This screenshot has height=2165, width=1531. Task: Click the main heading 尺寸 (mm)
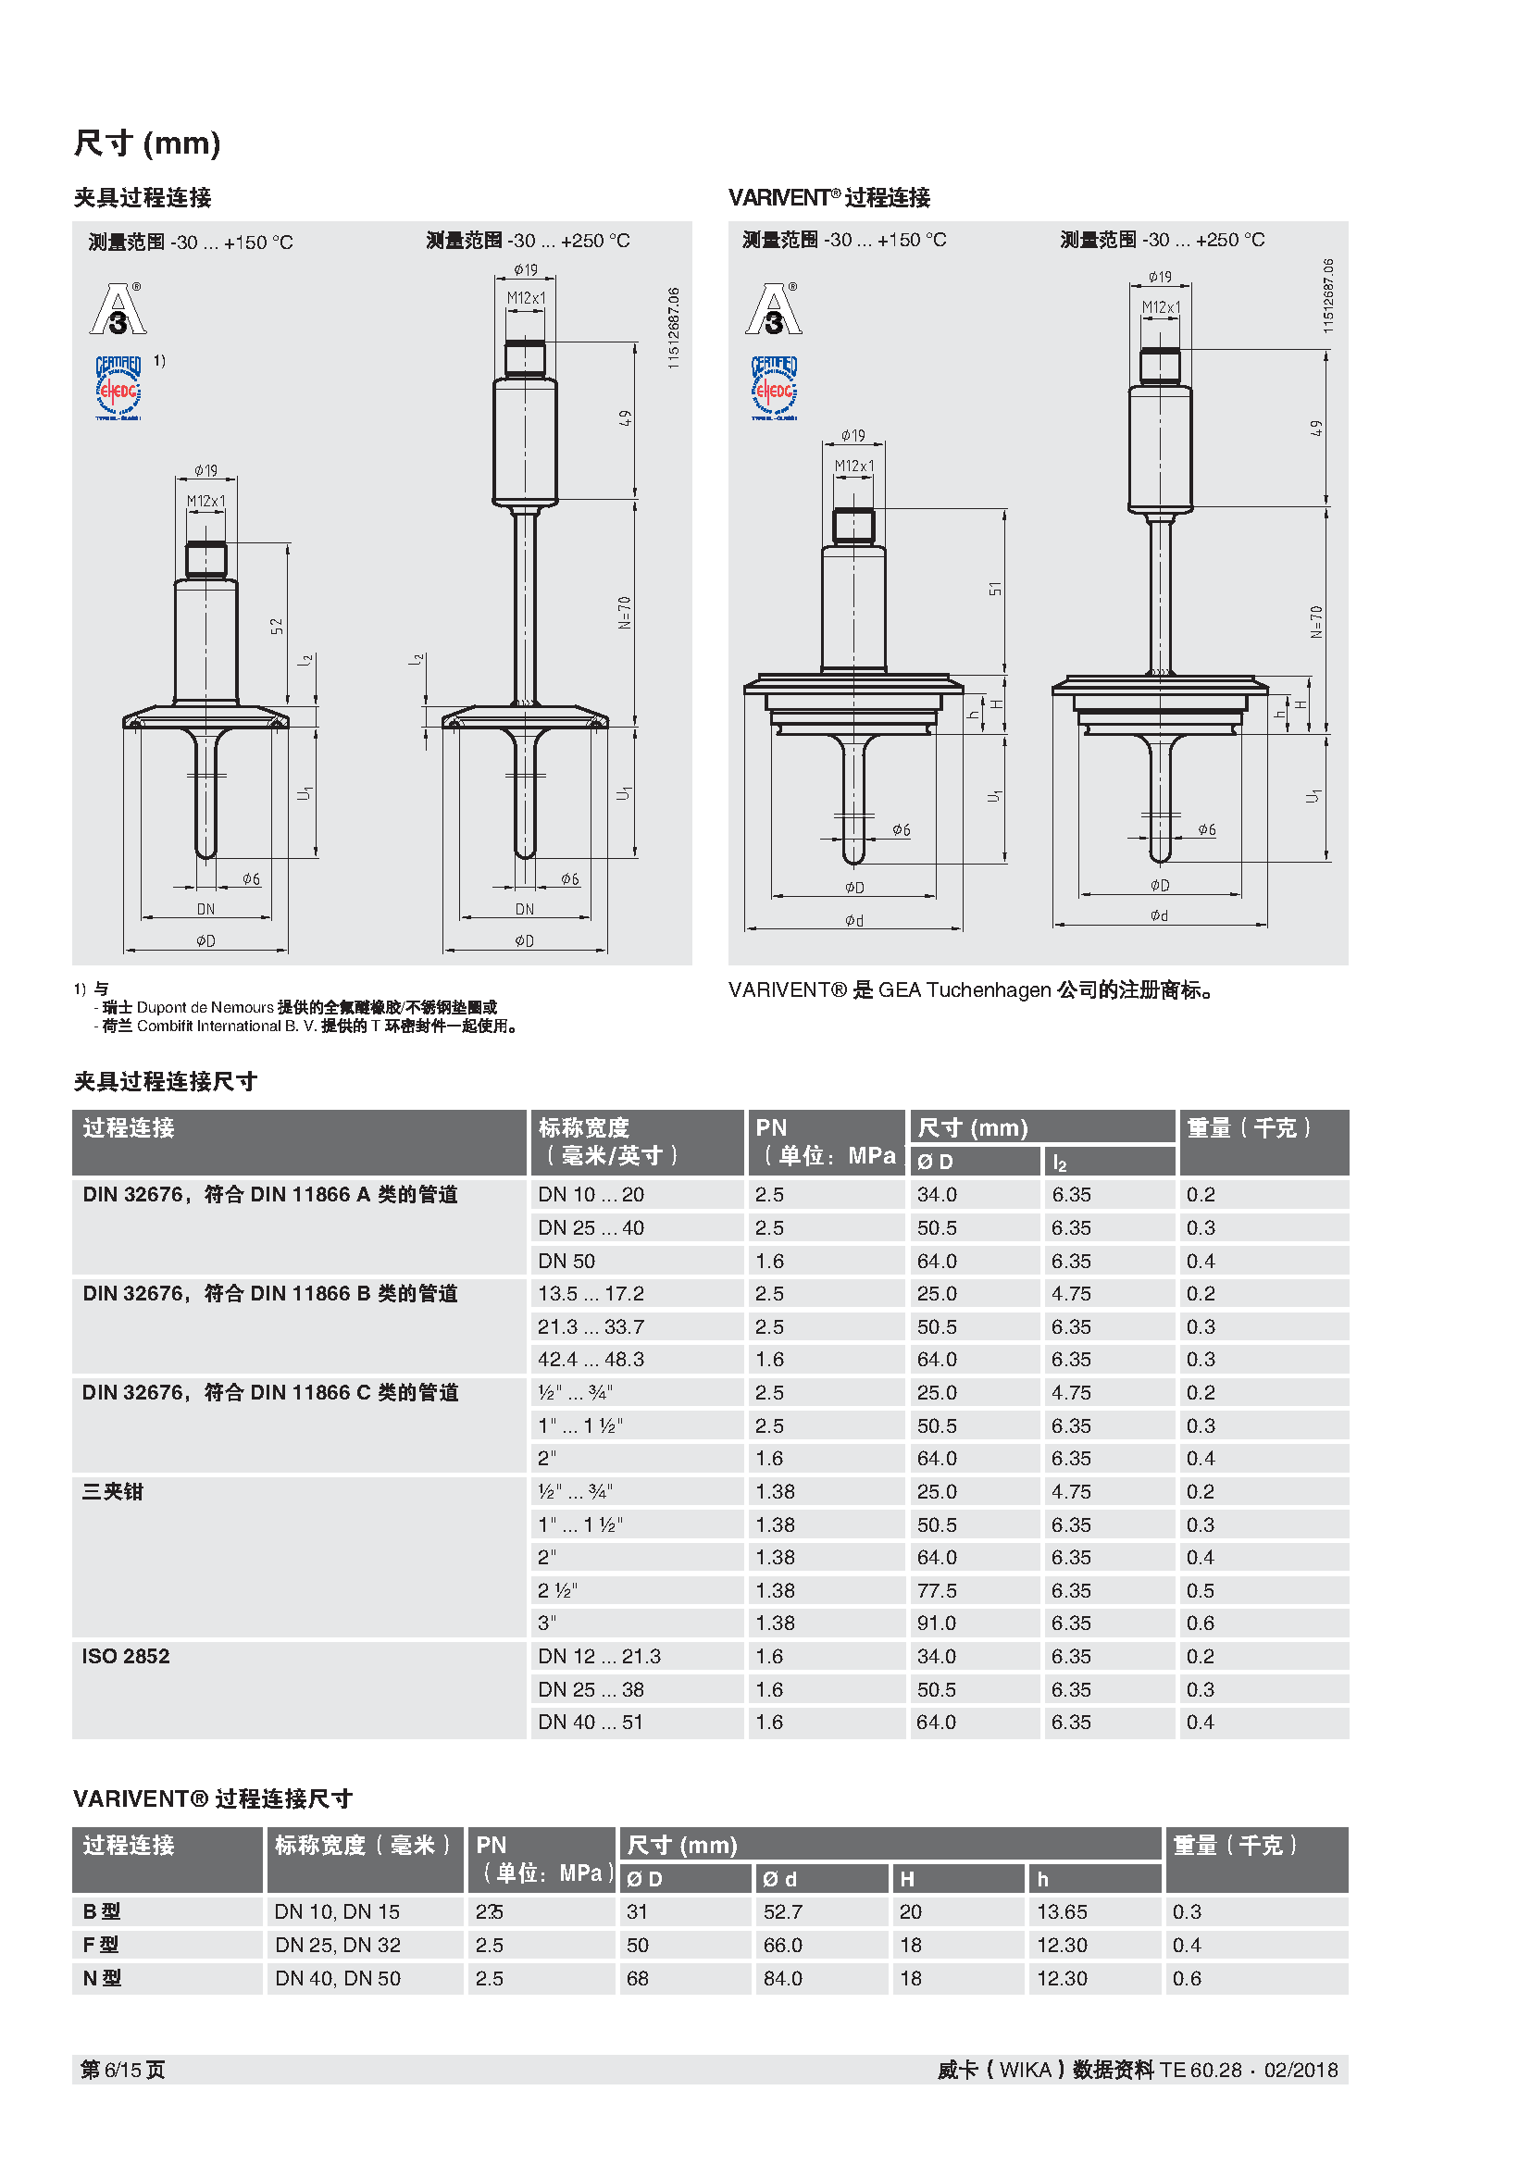[147, 143]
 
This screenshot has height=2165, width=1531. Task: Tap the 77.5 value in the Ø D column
[936, 1591]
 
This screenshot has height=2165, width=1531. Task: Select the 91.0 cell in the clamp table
[936, 1623]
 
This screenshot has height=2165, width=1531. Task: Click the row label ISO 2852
[125, 1656]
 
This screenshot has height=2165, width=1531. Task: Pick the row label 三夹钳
[112, 1492]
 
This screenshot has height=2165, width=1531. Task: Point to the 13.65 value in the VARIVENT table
[1062, 1911]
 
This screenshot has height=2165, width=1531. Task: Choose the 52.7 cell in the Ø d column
[782, 1911]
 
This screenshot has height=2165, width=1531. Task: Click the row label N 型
[102, 1978]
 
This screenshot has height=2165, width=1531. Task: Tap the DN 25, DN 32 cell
[338, 1945]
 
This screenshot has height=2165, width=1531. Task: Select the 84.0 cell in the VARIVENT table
[782, 1978]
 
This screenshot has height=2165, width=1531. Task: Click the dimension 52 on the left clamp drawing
[277, 626]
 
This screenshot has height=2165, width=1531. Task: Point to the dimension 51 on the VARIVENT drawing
[994, 590]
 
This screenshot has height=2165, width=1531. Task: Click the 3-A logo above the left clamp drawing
[118, 309]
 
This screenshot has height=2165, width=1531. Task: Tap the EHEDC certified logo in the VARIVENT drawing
[774, 388]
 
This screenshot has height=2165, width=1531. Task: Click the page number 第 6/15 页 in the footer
[122, 2070]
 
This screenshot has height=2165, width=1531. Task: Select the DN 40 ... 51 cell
[591, 1722]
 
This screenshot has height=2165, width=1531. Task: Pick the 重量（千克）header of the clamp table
[1248, 1127]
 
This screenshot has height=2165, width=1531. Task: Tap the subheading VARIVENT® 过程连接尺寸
[213, 1798]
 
